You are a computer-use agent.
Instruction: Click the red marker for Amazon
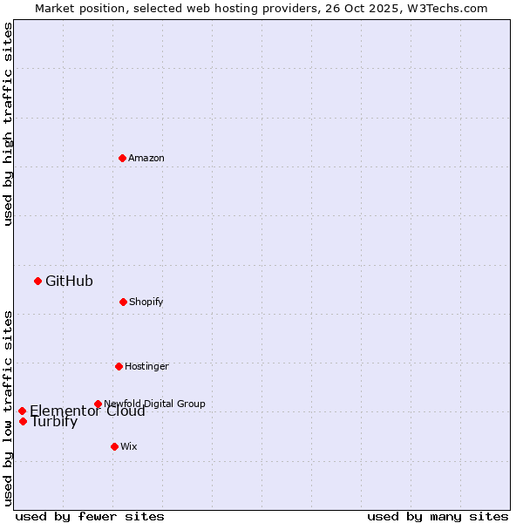click(123, 158)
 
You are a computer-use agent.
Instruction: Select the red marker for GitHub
click(37, 281)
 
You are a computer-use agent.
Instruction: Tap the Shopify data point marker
click(123, 302)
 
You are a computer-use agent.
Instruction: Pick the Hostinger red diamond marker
click(119, 366)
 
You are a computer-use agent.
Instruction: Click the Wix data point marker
click(114, 446)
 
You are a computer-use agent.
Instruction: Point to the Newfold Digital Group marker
click(98, 404)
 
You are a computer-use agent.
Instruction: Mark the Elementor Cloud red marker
click(22, 411)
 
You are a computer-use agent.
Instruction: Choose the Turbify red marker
click(23, 421)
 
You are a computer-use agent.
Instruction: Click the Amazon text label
click(146, 158)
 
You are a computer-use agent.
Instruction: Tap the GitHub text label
click(69, 281)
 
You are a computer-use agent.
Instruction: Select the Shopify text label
click(146, 302)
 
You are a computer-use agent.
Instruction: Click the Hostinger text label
click(146, 366)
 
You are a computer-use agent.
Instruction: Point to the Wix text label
click(129, 446)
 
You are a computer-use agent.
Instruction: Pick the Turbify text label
click(54, 423)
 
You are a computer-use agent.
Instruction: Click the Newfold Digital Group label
click(154, 404)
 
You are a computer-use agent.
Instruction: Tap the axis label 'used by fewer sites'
click(90, 516)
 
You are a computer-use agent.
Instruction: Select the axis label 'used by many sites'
click(438, 516)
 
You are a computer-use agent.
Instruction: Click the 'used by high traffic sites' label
click(8, 124)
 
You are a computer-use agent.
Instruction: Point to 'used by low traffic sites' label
click(8, 408)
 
